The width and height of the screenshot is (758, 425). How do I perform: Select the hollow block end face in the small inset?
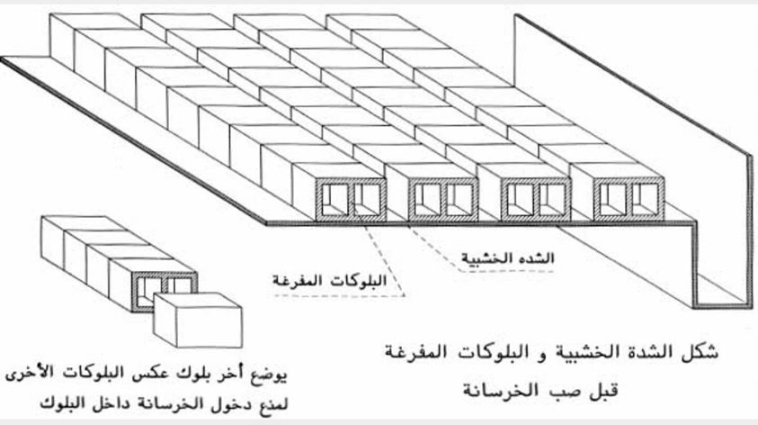[163, 287]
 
